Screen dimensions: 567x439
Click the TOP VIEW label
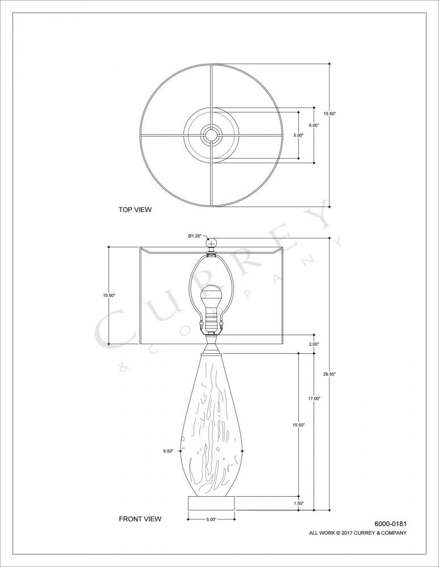(135, 210)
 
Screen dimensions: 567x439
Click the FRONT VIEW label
(140, 519)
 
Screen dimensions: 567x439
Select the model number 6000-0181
(390, 524)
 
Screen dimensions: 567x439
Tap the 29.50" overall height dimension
(329, 374)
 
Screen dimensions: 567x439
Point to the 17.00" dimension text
(314, 399)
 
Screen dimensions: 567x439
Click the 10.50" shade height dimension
(109, 295)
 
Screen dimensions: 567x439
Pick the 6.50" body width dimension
(168, 451)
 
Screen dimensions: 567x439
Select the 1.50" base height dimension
(299, 503)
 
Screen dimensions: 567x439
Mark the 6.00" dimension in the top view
(313, 125)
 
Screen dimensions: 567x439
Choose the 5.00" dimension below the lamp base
(211, 519)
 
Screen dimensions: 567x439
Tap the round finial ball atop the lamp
(212, 244)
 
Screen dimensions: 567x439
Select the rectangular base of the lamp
(211, 503)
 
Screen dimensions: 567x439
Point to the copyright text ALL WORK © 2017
(357, 533)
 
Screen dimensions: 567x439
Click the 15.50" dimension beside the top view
(330, 114)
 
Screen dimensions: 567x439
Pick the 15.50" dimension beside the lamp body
(299, 425)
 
